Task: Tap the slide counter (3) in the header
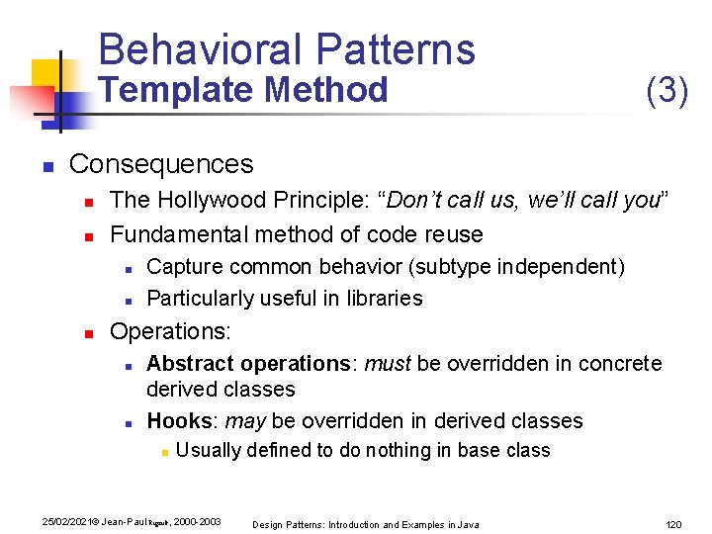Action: coord(667,91)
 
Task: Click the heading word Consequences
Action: coord(161,163)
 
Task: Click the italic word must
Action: coord(388,363)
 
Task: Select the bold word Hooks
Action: coord(179,420)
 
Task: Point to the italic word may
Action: coord(245,420)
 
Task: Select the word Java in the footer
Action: coord(468,524)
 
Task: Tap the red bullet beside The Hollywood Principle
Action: coord(87,202)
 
